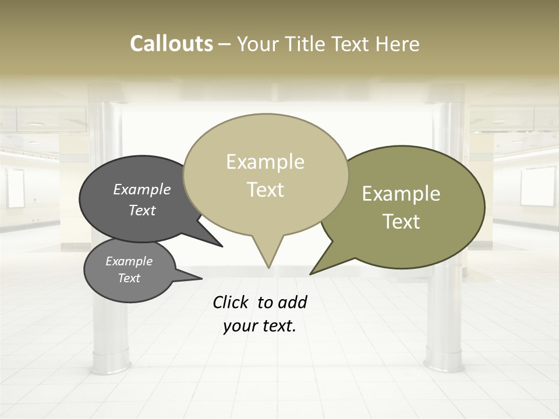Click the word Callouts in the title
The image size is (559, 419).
point(171,44)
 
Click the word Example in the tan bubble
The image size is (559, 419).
point(265,162)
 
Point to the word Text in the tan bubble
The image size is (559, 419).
point(265,190)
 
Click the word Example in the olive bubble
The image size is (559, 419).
point(401,194)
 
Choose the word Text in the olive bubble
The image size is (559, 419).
point(401,222)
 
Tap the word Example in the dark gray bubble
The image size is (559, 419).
point(142,190)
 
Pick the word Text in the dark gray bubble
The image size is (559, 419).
point(142,210)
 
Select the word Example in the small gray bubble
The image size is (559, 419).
point(129,261)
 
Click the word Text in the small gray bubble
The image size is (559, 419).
point(129,278)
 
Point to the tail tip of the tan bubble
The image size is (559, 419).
point(268,268)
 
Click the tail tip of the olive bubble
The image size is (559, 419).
point(310,274)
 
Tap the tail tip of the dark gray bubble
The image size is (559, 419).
point(222,247)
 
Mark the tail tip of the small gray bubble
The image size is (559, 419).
point(201,278)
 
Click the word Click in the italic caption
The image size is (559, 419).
point(231,302)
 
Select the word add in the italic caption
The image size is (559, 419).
point(292,302)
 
